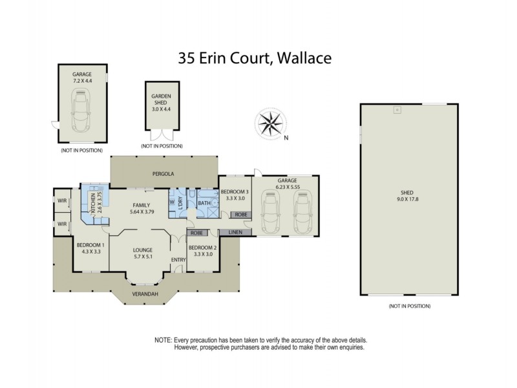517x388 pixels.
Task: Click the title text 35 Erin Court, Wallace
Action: [x=255, y=58]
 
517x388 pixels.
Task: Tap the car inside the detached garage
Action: [x=83, y=111]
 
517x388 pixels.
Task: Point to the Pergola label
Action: [x=164, y=174]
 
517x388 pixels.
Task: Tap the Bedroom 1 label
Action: [x=89, y=248]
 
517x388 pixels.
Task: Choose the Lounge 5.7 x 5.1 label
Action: [x=142, y=253]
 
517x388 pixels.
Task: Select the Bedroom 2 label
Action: [x=202, y=251]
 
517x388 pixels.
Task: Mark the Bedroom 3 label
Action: [x=234, y=195]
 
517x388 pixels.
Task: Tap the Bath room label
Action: [x=204, y=203]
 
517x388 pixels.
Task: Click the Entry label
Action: [x=178, y=260]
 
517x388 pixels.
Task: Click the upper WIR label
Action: [x=63, y=201]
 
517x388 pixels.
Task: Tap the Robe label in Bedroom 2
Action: [x=196, y=232]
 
